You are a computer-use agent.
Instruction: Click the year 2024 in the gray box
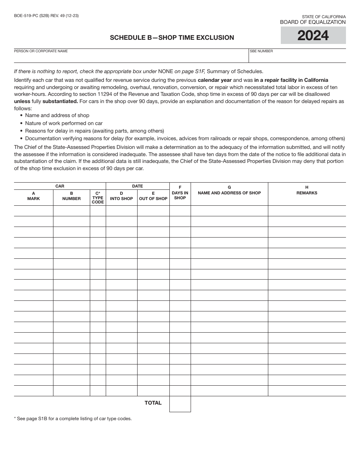pos(313,36)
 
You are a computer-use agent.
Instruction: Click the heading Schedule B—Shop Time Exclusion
pos(172,38)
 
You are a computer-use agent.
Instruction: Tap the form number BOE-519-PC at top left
pos(46,16)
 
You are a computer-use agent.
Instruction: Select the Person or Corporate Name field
pos(131,57)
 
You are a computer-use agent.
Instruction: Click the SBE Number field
pos(297,57)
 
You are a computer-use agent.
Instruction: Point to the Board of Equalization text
pos(313,22)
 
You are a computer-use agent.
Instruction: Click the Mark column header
pos(33,196)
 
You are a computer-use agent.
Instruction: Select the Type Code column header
pos(98,197)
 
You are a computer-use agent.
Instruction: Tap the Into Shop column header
pos(121,196)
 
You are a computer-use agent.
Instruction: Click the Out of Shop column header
pos(153,196)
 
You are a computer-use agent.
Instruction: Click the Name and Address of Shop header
pos(229,190)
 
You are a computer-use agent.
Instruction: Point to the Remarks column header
pos(307,190)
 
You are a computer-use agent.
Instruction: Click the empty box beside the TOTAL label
pos(180,404)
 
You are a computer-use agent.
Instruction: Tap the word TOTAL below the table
pos(153,403)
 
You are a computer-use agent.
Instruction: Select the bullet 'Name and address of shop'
pos(57,115)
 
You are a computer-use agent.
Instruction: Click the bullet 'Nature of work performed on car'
pos(64,123)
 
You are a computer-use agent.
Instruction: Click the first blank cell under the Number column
pos(71,211)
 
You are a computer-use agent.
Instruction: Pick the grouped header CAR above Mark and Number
pos(60,186)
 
